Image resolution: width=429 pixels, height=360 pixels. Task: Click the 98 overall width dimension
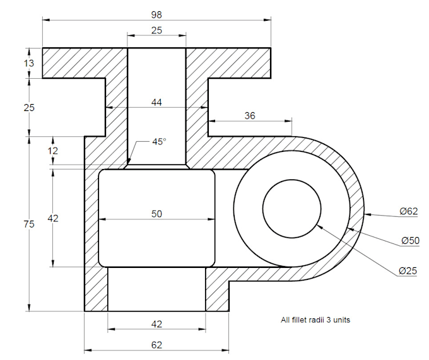156,14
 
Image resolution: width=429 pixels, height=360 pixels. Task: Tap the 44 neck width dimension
156,102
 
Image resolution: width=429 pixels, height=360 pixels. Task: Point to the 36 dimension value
250,115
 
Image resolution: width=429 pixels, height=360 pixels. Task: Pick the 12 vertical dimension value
53,151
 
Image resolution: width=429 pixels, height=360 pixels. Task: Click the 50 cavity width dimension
156,214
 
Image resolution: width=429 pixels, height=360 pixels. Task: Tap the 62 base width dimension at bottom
156,345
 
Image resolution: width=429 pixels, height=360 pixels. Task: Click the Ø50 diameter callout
411,241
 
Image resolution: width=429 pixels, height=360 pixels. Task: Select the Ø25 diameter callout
408,271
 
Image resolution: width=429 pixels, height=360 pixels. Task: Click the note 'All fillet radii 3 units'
315,320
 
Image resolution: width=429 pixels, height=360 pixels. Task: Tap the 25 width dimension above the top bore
156,30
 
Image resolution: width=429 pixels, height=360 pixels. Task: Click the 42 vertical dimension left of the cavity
53,218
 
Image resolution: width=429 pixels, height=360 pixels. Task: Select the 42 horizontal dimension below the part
156,324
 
